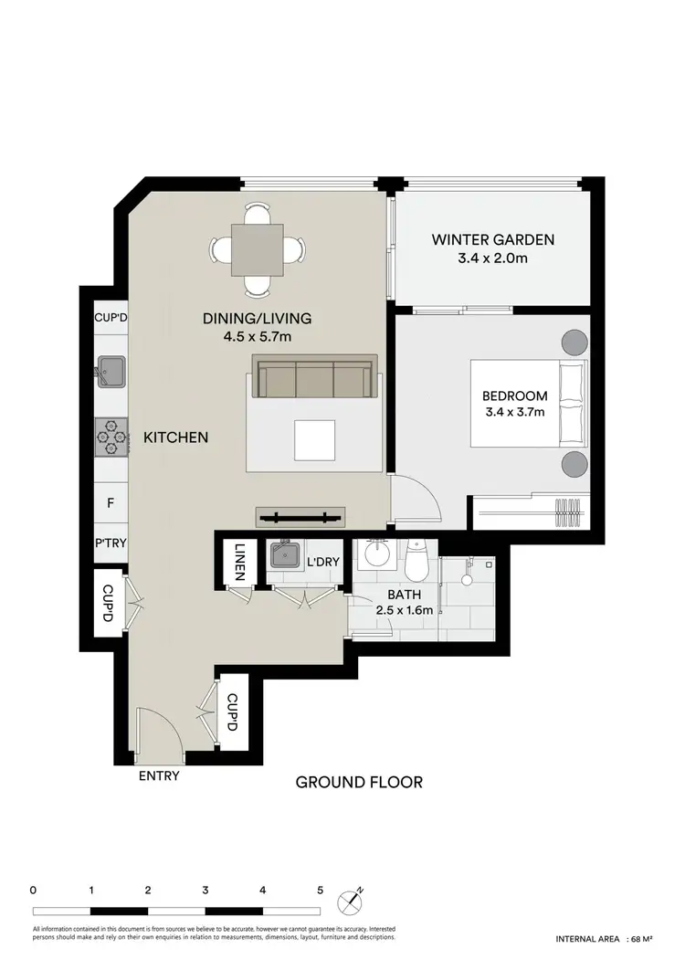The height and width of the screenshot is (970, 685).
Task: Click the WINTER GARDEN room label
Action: click(x=493, y=240)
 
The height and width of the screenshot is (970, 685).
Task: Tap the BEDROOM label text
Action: click(x=514, y=395)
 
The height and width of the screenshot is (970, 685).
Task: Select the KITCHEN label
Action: click(x=176, y=438)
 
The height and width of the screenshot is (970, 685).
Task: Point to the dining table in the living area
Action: click(x=257, y=249)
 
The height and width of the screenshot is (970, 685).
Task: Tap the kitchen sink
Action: click(x=112, y=371)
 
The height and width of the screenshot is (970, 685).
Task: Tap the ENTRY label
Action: click(x=158, y=776)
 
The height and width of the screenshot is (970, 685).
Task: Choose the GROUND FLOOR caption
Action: click(x=358, y=782)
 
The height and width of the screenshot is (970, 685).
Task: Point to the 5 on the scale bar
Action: click(x=320, y=889)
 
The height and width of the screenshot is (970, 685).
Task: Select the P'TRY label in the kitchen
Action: click(x=111, y=542)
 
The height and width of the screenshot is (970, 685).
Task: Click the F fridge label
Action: click(x=111, y=502)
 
